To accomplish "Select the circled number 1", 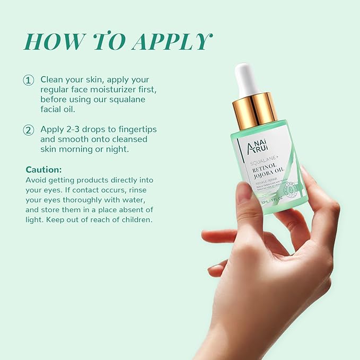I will pyautogui.click(x=28, y=81).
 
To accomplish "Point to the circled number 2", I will pyautogui.click(x=28, y=130).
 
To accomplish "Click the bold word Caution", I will pyautogui.click(x=44, y=170).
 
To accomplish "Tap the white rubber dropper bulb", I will pyautogui.click(x=247, y=80).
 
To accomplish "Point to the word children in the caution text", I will pyautogui.click(x=135, y=219).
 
